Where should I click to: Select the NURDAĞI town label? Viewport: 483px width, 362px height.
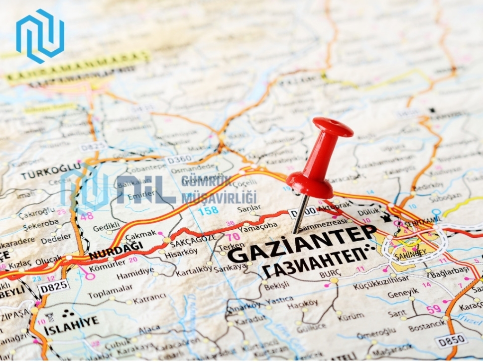116,250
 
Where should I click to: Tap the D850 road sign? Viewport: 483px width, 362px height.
451,340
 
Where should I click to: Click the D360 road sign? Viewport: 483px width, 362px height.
179,160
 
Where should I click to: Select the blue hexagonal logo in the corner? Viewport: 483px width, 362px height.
40,36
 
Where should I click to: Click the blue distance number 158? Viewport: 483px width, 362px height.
208,210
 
